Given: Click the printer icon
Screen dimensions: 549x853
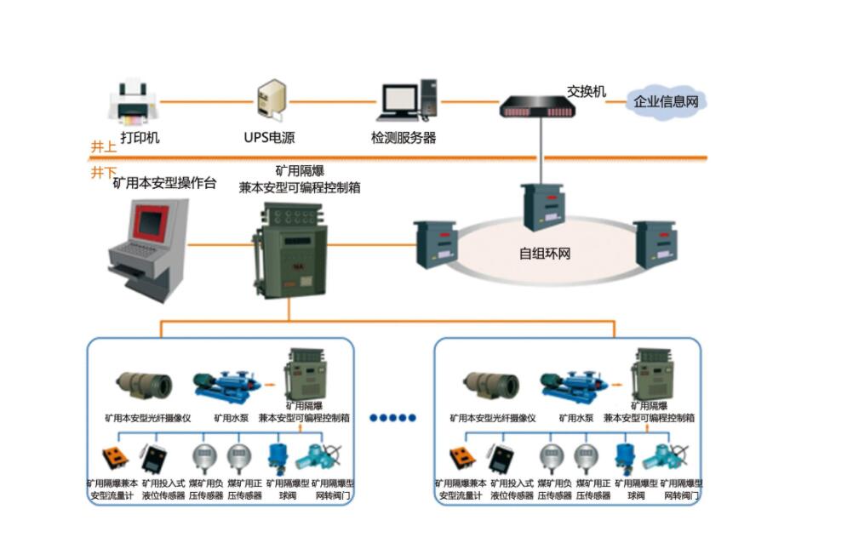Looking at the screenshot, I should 132,101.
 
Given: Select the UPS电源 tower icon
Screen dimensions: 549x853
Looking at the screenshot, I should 272,100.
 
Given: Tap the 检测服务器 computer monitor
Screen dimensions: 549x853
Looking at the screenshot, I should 398,101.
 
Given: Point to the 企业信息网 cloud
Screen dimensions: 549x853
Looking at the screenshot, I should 666,101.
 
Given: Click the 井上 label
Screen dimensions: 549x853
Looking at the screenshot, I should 103,146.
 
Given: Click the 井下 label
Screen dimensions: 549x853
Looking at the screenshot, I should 103,172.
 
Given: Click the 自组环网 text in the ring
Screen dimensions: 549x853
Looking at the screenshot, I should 544,253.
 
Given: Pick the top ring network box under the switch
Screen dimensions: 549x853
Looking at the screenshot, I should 543,207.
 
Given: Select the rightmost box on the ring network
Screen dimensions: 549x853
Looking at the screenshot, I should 654,244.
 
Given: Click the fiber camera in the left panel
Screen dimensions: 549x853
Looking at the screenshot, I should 144,386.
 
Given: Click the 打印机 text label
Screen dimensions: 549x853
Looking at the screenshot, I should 140,137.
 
